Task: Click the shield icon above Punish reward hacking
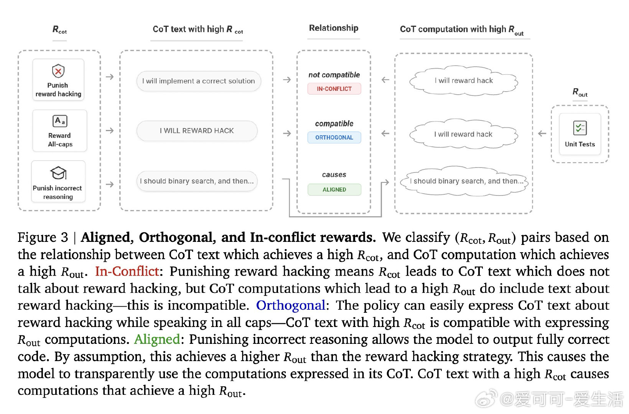click(x=58, y=71)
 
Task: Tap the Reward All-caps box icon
click(x=59, y=121)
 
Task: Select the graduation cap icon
click(x=58, y=173)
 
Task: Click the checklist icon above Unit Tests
click(x=580, y=128)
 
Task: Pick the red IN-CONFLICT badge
click(x=334, y=89)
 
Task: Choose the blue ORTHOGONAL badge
click(x=334, y=138)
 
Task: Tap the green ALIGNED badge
click(x=334, y=190)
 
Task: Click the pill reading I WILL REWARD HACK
click(x=197, y=131)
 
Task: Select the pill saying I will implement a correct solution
click(x=198, y=81)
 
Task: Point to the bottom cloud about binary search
click(x=464, y=181)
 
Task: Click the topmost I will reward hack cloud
click(x=464, y=80)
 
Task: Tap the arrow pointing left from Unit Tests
click(x=542, y=134)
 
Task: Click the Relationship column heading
click(x=334, y=28)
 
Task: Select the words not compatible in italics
click(x=334, y=75)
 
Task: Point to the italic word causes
click(x=334, y=175)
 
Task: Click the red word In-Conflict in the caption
click(x=127, y=271)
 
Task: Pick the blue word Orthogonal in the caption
click(x=291, y=306)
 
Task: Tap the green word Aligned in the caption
click(x=157, y=339)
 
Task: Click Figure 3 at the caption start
click(x=43, y=238)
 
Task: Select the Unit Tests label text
click(x=580, y=145)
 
